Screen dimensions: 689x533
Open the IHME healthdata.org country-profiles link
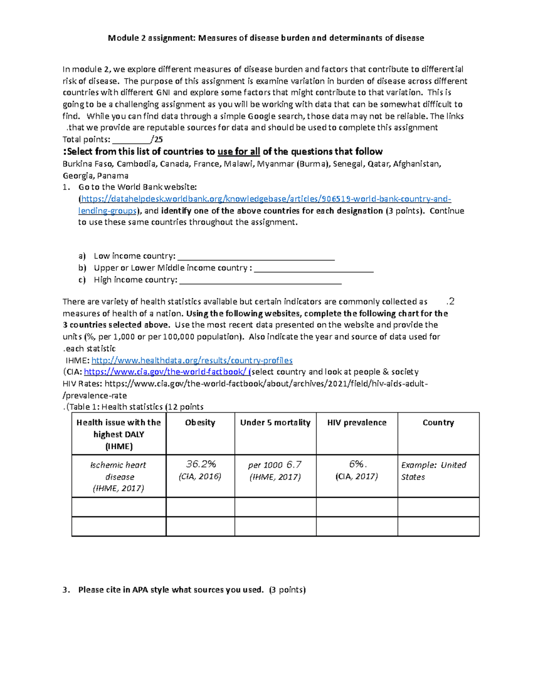pyautogui.click(x=192, y=360)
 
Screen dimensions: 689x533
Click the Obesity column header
pyautogui.click(x=200, y=423)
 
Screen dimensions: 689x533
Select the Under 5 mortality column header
pyautogui.click(x=275, y=423)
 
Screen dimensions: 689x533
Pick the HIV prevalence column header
pyautogui.click(x=357, y=423)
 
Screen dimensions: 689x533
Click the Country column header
pyautogui.click(x=438, y=423)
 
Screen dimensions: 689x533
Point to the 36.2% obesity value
pyautogui.click(x=201, y=464)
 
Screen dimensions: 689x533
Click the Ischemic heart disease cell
pyautogui.click(x=119, y=476)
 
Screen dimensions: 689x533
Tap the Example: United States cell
pyautogui.click(x=434, y=471)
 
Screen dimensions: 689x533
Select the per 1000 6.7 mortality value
pyautogui.click(x=275, y=465)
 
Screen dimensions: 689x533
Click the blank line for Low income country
pyautogui.click(x=255, y=257)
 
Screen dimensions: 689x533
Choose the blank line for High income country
pyautogui.click(x=260, y=281)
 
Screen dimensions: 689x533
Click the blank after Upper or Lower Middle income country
pyautogui.click(x=314, y=269)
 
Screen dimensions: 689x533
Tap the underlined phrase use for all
pyautogui.click(x=239, y=152)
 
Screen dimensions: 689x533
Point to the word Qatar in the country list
pyautogui.click(x=380, y=164)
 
